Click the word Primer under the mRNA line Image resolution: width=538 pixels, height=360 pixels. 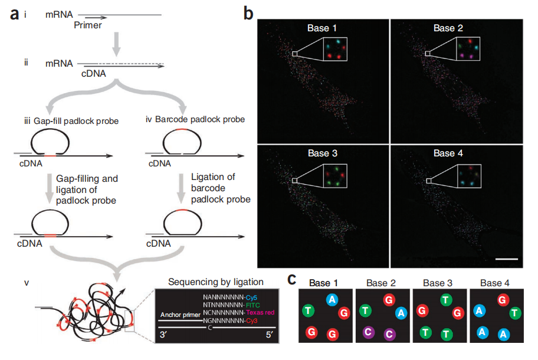[x=88, y=25]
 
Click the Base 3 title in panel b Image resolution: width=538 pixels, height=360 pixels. [x=323, y=153]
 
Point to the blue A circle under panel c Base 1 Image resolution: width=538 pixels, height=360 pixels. [x=332, y=299]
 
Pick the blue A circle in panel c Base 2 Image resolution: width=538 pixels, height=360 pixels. [x=401, y=313]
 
